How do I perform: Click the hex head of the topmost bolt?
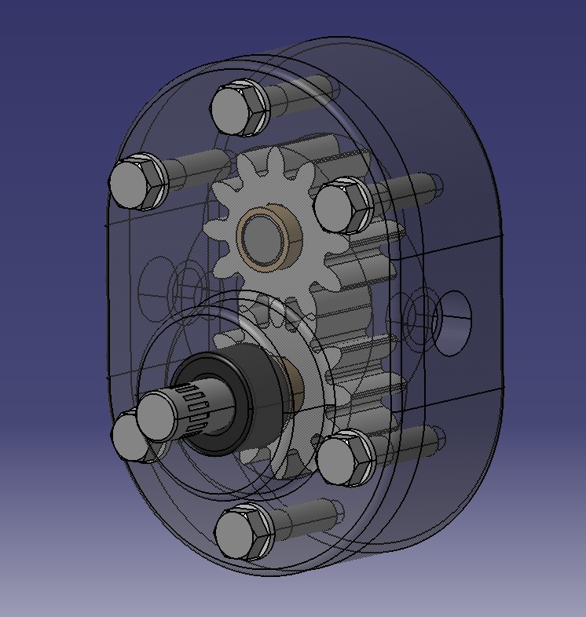coord(238,108)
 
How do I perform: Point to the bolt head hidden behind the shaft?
coord(126,436)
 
